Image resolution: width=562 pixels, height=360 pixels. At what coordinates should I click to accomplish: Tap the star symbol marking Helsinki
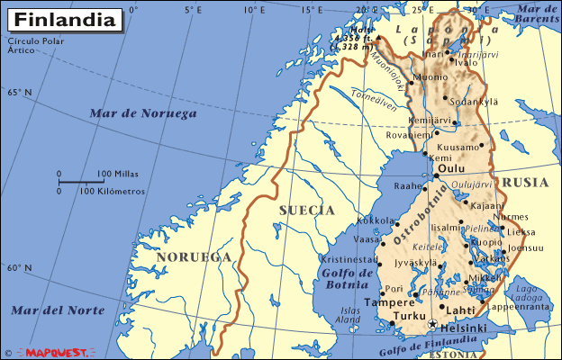[432, 325]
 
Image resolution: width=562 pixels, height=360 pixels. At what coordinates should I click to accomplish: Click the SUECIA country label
[306, 211]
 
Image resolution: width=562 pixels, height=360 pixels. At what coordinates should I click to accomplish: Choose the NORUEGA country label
[193, 257]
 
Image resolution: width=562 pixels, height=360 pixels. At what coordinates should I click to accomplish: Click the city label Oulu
[449, 167]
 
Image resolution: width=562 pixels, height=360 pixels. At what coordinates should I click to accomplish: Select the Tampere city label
[389, 303]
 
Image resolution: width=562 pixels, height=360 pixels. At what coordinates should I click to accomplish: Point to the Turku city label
[410, 317]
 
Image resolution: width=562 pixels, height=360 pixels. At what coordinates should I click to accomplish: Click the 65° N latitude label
[19, 93]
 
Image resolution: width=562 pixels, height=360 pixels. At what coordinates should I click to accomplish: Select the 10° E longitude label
[255, 10]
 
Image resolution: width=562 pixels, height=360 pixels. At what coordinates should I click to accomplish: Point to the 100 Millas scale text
[116, 174]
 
